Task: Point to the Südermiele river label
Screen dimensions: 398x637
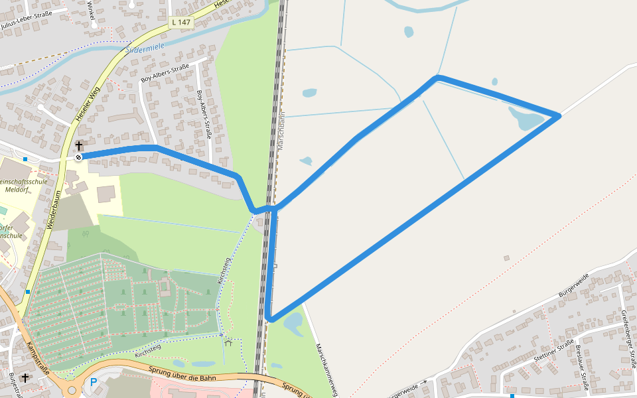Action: (145, 47)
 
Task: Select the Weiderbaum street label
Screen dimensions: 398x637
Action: (52, 210)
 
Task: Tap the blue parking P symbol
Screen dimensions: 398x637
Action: (94, 382)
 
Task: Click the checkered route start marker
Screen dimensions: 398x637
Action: (78, 157)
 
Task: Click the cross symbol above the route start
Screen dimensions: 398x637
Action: (78, 145)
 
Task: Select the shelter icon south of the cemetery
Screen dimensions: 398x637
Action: (228, 343)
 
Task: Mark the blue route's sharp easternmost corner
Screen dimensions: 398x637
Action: (559, 116)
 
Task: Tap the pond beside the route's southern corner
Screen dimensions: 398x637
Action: (293, 324)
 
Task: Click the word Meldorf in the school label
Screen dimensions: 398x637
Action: (16, 189)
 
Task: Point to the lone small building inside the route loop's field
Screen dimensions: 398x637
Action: (506, 257)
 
